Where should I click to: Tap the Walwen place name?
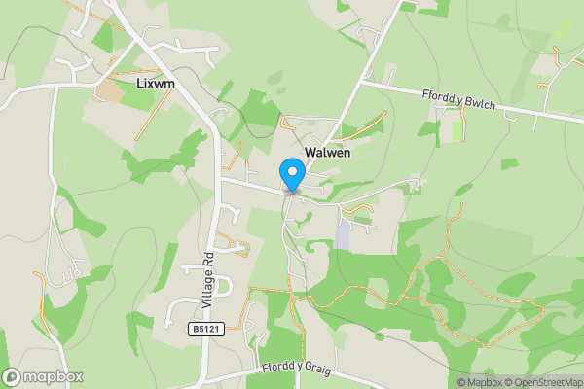(x=327, y=153)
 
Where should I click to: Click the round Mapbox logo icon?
(x=13, y=377)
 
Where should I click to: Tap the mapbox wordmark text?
(x=53, y=377)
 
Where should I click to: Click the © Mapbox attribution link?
(x=480, y=382)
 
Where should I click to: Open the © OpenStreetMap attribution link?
(x=543, y=382)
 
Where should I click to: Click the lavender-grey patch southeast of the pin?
(x=344, y=232)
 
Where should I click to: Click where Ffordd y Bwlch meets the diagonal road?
(x=362, y=83)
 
